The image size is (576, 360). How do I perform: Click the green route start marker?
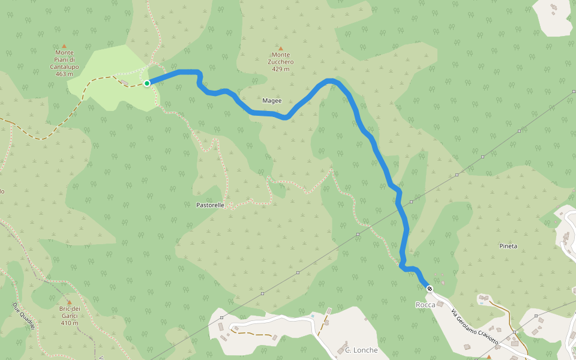point(146,83)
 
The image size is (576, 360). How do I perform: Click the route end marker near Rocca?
point(430,289)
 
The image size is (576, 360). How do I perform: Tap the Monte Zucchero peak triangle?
point(280,48)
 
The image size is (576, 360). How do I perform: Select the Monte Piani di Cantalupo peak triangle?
point(64,46)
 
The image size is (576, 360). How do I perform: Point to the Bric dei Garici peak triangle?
point(69,302)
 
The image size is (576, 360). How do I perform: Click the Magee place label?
point(272,100)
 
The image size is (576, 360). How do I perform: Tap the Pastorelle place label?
point(210,205)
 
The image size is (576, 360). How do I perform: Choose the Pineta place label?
point(508,246)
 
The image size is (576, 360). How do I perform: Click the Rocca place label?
point(425,305)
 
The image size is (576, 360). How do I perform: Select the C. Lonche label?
point(361,350)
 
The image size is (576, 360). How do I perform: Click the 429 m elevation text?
point(280,69)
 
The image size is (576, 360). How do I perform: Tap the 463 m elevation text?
point(64,74)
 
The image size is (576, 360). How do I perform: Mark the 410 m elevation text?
point(69,323)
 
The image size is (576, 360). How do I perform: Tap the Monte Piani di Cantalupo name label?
point(64,59)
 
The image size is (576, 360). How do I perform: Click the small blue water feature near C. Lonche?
point(313,315)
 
